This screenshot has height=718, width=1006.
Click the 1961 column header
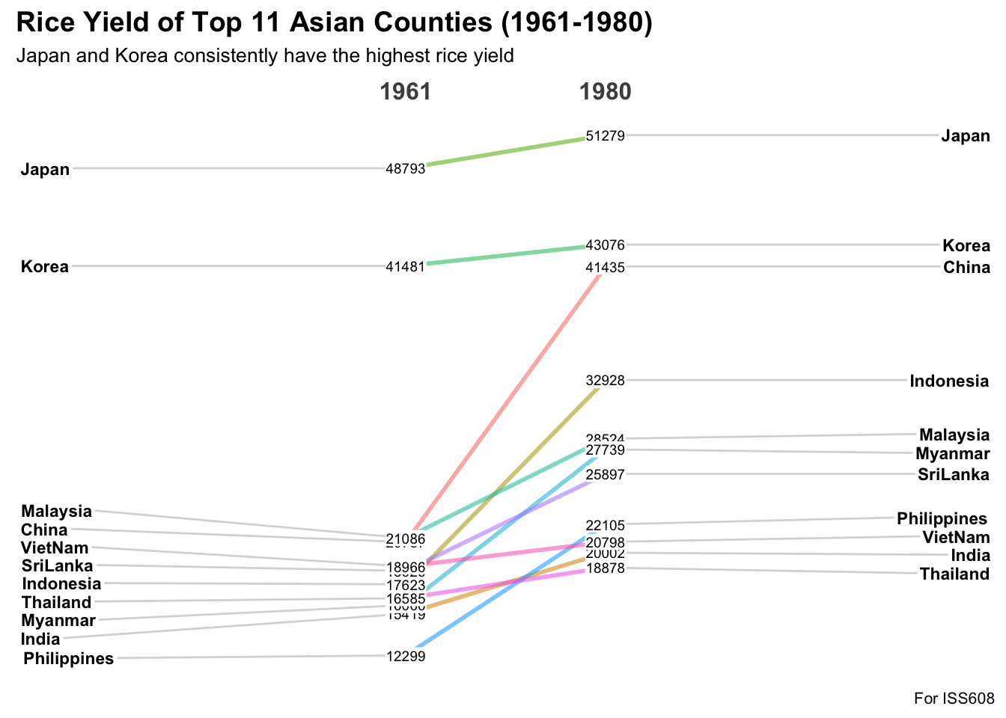406,92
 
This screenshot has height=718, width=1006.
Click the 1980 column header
605,92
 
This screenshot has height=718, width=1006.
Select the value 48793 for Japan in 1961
405,169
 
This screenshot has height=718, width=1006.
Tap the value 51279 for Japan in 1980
605,136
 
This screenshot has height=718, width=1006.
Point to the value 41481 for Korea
405,266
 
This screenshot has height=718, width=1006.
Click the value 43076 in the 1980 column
605,245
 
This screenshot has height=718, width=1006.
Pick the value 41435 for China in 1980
605,267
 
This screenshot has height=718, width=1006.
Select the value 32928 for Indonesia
605,381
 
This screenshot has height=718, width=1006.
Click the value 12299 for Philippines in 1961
405,657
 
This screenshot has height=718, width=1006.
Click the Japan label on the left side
45,169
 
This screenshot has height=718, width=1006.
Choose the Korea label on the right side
966,245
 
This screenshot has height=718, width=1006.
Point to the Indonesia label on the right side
949,381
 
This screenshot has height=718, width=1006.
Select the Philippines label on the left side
68,659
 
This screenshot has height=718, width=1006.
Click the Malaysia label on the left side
56,512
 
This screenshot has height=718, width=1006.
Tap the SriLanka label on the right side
953,474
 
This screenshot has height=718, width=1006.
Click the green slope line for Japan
505,151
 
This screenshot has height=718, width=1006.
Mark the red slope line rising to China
509,400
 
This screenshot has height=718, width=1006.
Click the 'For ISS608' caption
954,699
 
